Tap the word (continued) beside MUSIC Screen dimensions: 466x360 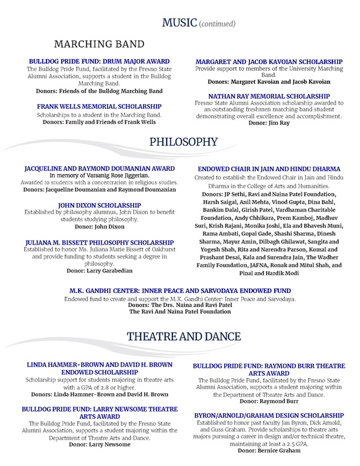click(218, 24)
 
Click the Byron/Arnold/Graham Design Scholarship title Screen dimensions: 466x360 click(271, 415)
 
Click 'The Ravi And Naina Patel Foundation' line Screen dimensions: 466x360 click(179, 311)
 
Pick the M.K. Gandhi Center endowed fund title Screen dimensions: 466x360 click(179, 291)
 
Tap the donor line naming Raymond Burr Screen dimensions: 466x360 click(271, 401)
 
